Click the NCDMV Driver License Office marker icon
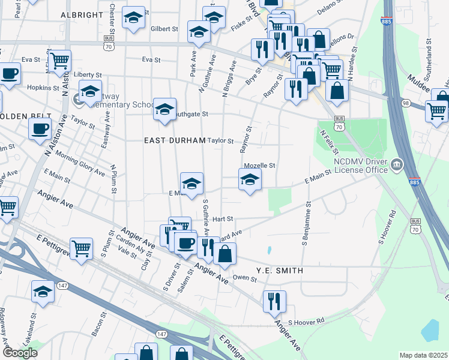click(397, 164)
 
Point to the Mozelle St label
click(259, 166)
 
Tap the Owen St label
click(244, 277)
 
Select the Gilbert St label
click(164, 28)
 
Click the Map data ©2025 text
click(423, 355)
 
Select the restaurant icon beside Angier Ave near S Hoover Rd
click(274, 301)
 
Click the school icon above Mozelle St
click(250, 179)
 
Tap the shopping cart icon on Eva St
click(59, 61)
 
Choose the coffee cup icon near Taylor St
click(40, 128)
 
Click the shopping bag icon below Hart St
click(224, 254)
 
